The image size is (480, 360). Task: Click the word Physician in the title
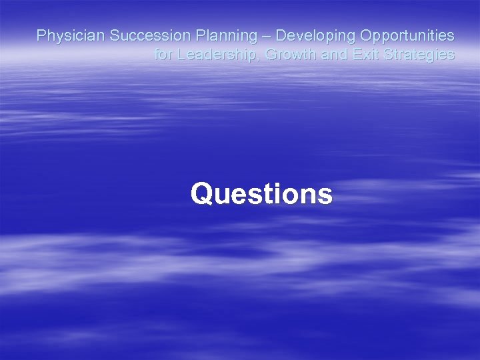[70, 35]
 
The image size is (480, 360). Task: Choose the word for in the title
[163, 55]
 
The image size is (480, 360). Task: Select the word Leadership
[217, 55]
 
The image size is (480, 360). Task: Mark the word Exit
[365, 55]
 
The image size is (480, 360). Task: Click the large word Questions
[261, 195]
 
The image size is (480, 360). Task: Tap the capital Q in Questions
[201, 195]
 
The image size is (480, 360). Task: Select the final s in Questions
[325, 196]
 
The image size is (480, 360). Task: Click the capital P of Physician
[41, 35]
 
